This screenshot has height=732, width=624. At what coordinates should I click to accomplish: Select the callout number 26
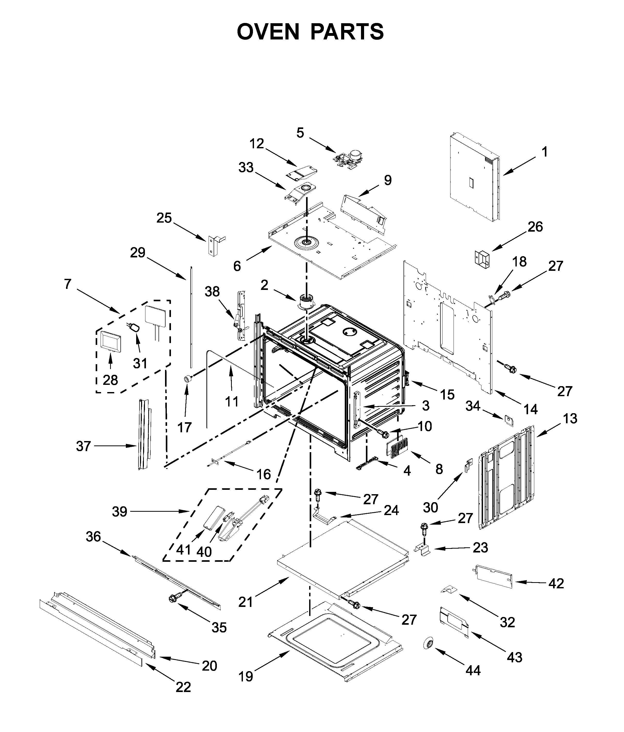pos(535,226)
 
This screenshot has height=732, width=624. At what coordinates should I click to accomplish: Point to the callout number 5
pos(300,133)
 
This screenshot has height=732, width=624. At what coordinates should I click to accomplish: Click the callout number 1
pos(545,152)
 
